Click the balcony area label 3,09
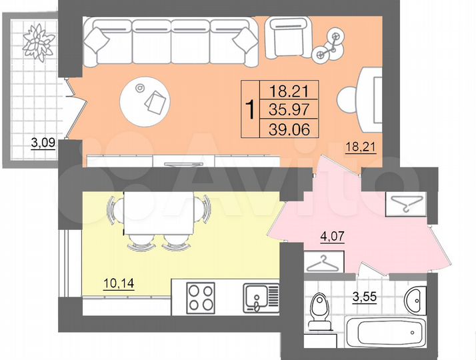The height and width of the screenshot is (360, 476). [44, 141]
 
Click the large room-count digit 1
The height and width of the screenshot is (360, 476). [250, 109]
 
